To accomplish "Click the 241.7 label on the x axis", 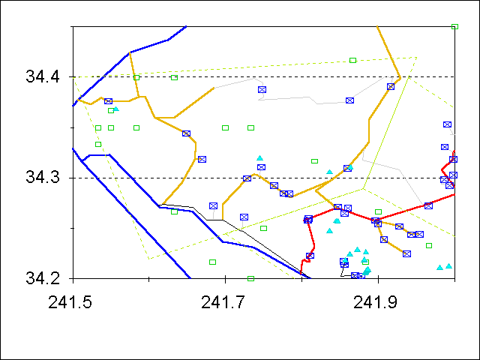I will click(225, 303).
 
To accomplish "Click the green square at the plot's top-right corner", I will click(454, 26).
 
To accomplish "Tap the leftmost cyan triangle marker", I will click(115, 109).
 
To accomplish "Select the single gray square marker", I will click(263, 228).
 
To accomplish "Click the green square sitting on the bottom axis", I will click(250, 278).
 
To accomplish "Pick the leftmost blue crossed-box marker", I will click(108, 101).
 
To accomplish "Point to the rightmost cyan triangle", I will click(448, 265).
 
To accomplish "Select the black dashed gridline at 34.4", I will click(225, 76).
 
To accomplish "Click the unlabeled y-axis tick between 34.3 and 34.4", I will click(73, 127).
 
